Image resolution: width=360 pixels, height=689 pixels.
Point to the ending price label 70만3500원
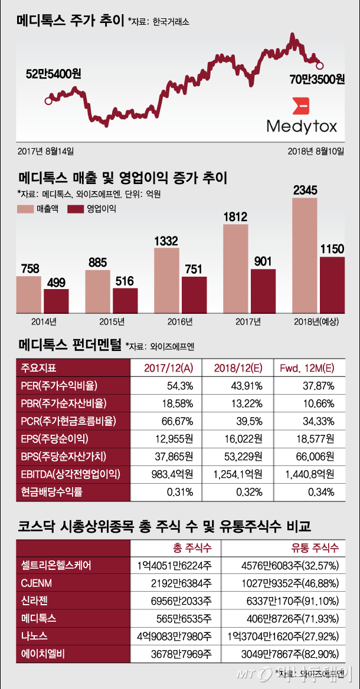317,78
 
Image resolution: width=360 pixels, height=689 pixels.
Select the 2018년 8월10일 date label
315,151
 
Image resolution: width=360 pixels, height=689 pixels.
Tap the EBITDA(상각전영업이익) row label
71,474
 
